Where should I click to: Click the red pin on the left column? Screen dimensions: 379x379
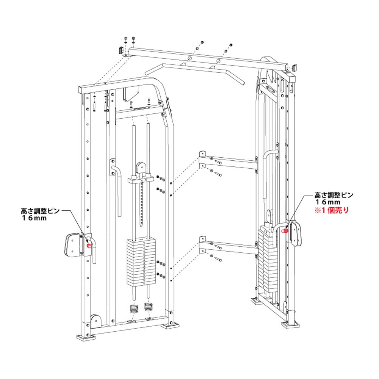89,246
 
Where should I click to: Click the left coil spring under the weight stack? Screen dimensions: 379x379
135,308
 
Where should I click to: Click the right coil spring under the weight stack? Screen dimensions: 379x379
148,307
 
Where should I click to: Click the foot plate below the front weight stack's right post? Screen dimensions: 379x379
171,325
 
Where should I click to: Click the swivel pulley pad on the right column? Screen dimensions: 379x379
295,233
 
